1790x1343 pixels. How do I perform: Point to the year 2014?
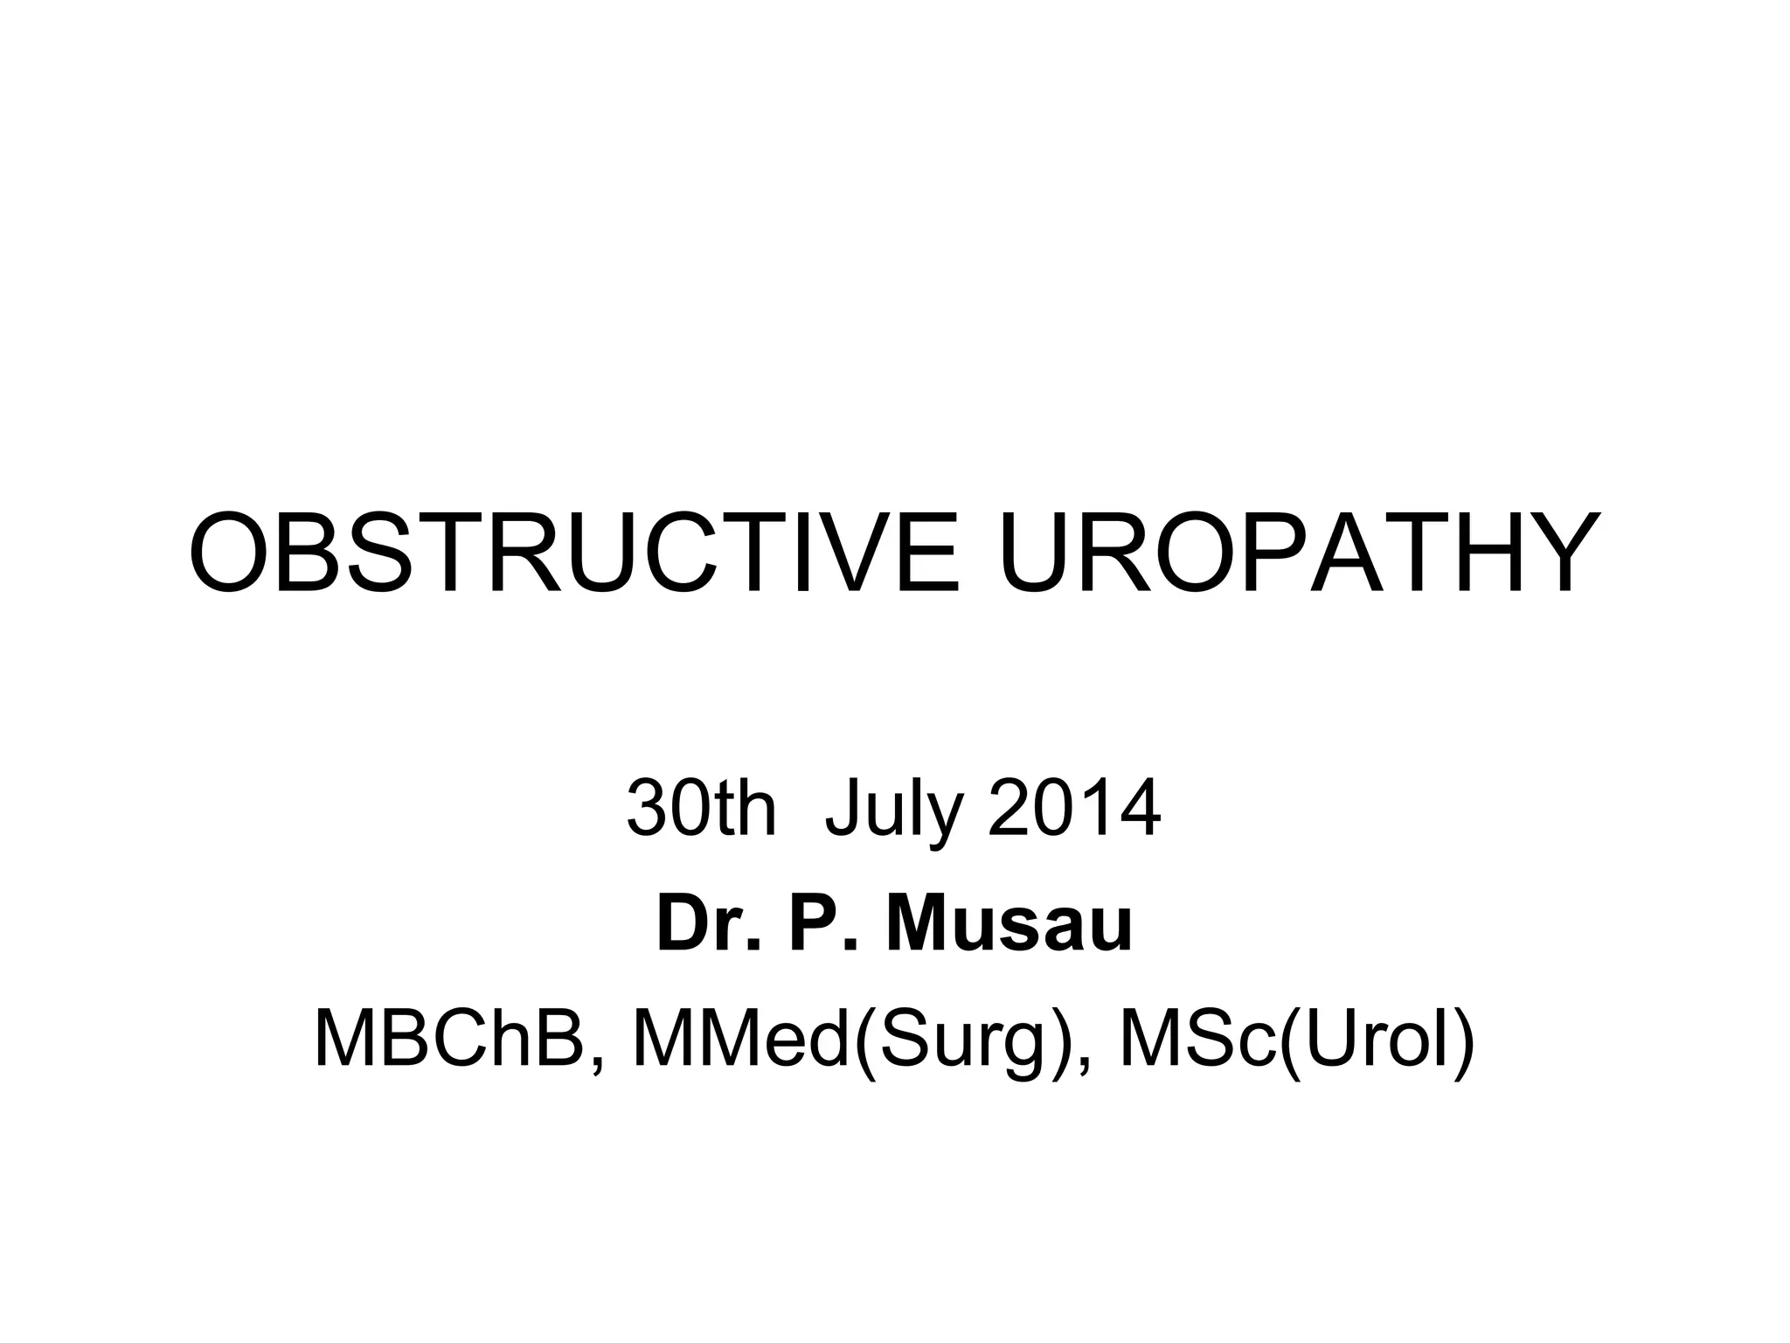1074,809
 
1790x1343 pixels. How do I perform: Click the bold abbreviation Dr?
709,924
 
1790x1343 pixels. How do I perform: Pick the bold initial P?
821,924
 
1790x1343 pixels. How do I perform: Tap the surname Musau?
1009,924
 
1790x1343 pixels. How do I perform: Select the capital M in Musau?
922,924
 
